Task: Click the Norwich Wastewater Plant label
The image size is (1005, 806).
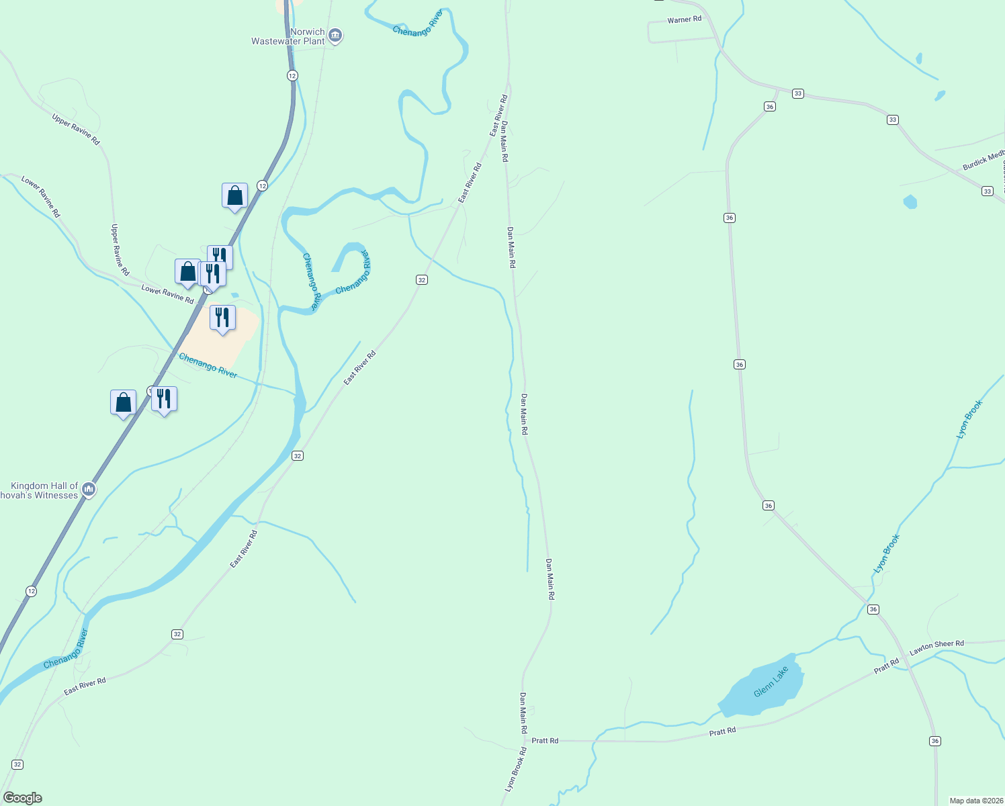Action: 289,36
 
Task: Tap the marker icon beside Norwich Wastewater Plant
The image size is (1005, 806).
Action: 335,36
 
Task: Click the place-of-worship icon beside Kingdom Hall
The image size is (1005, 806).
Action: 88,490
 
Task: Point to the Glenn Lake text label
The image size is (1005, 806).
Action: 771,682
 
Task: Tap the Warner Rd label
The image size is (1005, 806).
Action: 684,20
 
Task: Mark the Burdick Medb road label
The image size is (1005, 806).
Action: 983,162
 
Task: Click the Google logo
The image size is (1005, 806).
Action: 23,798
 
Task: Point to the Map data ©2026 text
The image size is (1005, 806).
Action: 975,801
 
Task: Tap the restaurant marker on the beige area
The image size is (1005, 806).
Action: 222,318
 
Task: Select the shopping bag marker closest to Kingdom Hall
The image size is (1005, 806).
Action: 123,402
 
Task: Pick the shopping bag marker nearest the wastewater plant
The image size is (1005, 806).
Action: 234,195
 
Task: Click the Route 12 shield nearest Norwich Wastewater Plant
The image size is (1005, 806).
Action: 292,75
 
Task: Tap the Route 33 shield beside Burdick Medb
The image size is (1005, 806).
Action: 987,191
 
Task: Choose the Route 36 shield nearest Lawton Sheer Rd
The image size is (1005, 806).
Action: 873,609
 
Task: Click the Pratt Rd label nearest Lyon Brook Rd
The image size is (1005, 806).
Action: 544,741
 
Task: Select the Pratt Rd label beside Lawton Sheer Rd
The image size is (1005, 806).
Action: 886,666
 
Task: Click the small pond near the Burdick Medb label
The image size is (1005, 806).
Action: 910,201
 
